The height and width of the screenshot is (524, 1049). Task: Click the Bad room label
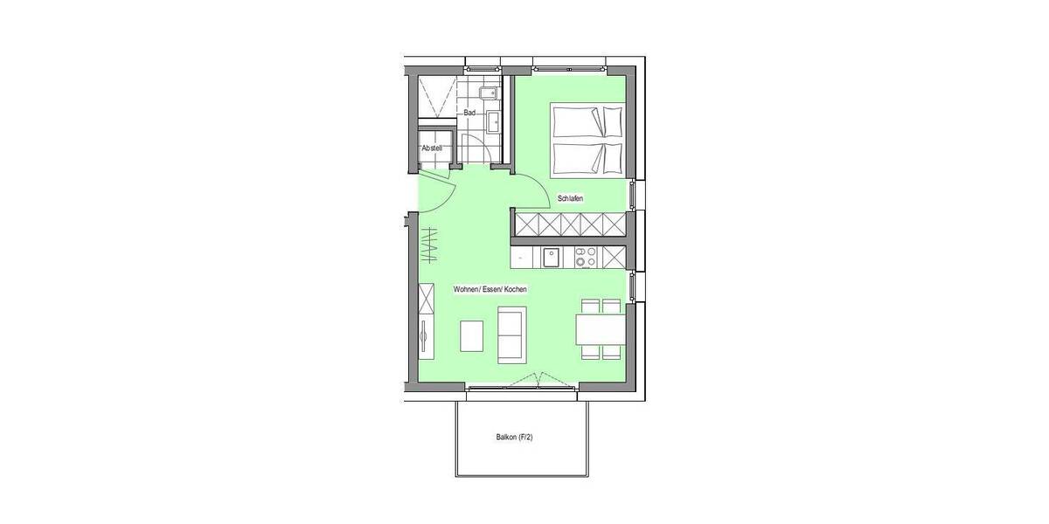(x=469, y=113)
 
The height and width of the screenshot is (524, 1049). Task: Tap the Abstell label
(x=432, y=149)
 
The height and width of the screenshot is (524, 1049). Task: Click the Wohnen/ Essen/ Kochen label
(x=490, y=289)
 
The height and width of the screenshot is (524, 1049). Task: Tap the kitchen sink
(x=552, y=257)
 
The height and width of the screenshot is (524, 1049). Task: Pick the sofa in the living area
(x=511, y=334)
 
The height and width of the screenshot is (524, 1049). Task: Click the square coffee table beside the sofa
(x=472, y=335)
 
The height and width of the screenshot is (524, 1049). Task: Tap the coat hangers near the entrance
(x=431, y=245)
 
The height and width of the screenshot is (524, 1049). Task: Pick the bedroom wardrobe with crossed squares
(x=570, y=225)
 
